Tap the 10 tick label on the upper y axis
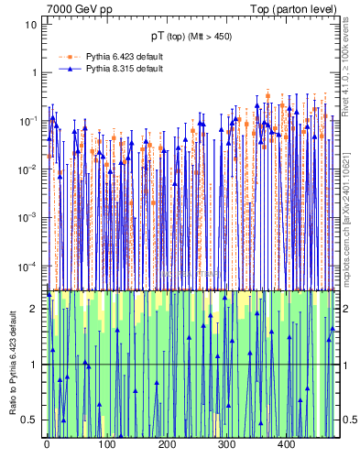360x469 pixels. point(31,24)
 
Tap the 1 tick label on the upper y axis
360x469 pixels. point(34,72)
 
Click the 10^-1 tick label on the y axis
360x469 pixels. point(28,120)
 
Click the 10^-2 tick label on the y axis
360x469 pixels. point(28,169)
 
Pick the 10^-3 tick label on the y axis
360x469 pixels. point(28,217)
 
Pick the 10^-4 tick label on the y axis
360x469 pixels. point(28,266)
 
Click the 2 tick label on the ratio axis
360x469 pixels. point(34,309)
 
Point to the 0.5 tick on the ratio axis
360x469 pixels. point(30,420)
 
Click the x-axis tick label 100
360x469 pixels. point(106,446)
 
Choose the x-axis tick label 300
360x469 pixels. point(226,446)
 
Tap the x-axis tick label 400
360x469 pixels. point(286,446)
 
